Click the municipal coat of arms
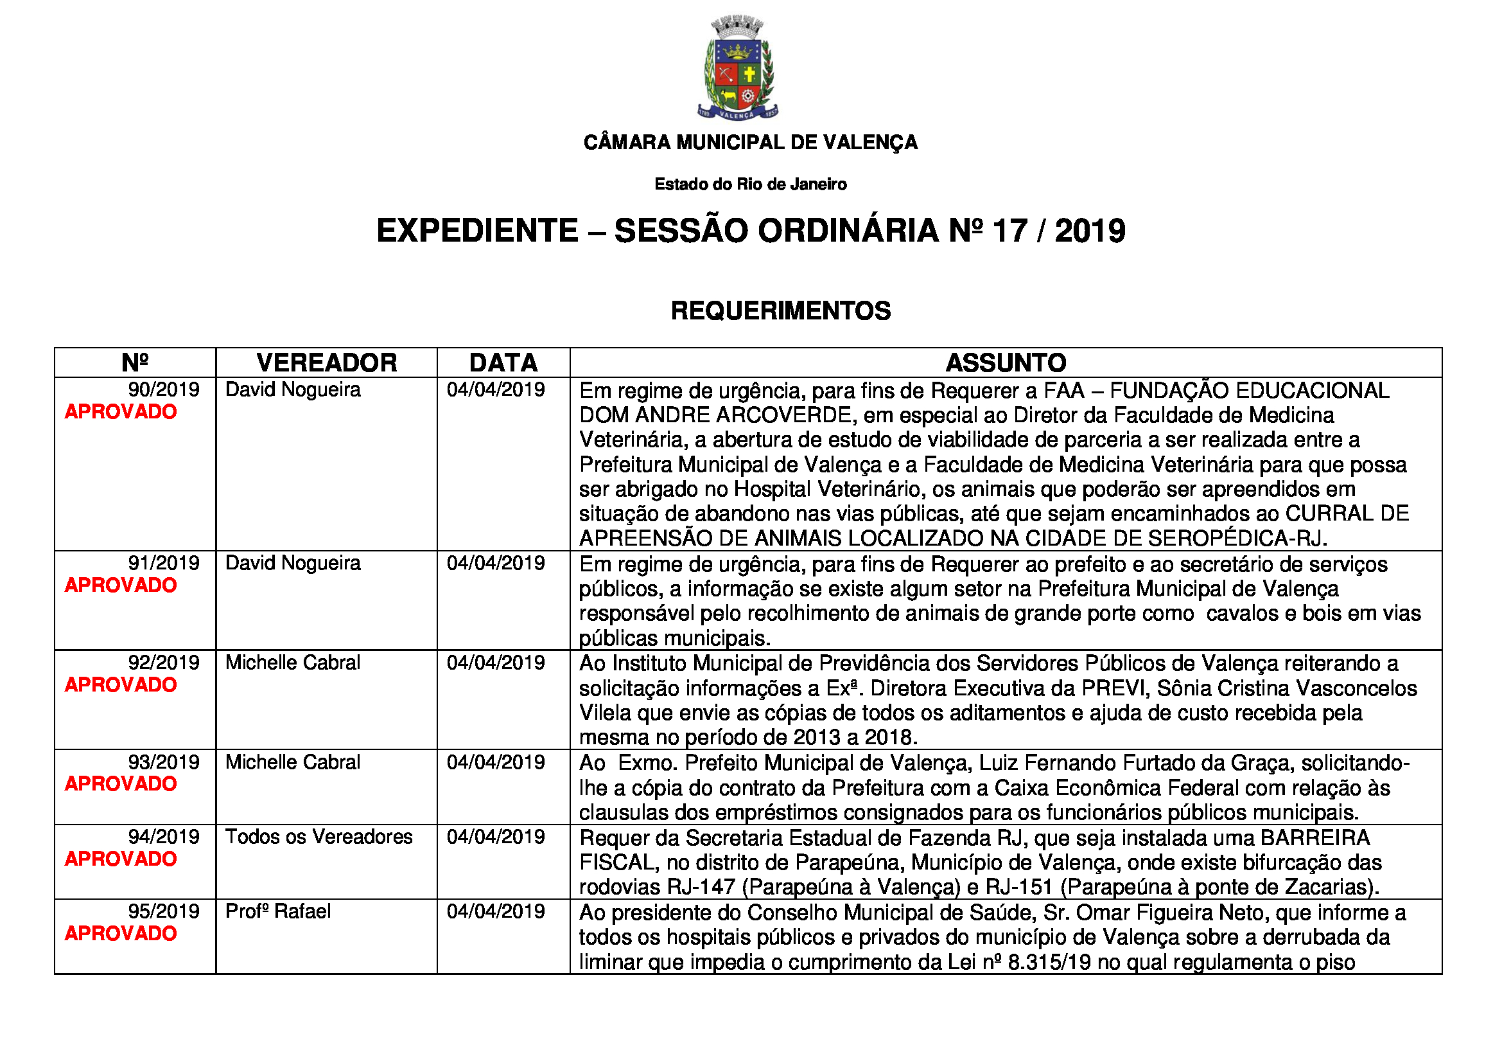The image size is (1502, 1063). (x=737, y=69)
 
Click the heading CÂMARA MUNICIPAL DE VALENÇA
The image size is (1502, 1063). (x=750, y=142)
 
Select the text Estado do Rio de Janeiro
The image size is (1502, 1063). (x=750, y=184)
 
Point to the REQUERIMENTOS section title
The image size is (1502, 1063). (x=780, y=311)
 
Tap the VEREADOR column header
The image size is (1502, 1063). (x=326, y=362)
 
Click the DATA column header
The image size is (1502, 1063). (x=503, y=362)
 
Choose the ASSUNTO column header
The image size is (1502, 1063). (x=1006, y=362)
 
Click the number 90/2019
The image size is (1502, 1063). (x=164, y=390)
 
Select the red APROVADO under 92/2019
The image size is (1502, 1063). (x=121, y=685)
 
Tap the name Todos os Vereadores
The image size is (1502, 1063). (x=319, y=837)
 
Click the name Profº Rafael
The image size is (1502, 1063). (x=278, y=912)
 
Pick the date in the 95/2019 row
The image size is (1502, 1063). (x=495, y=912)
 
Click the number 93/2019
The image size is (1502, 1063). (x=164, y=763)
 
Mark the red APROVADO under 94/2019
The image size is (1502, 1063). (x=121, y=859)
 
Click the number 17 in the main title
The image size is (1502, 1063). (x=1009, y=231)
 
